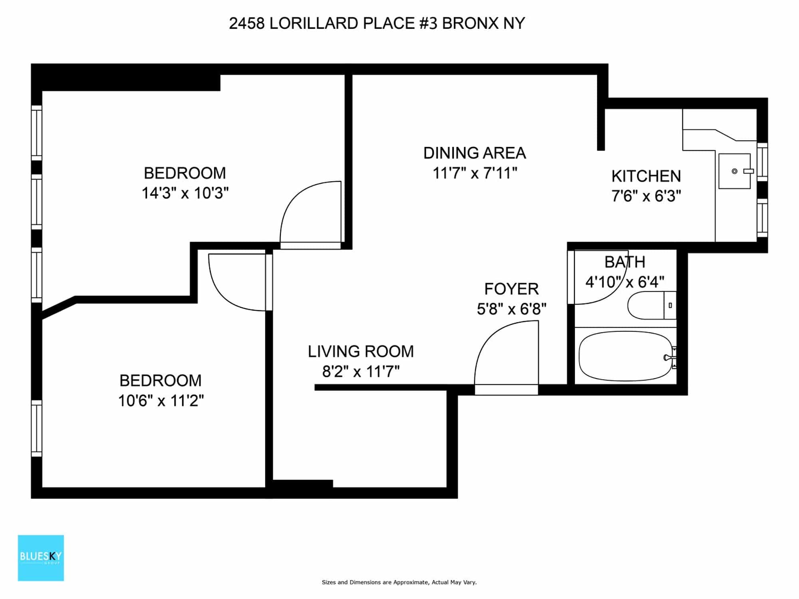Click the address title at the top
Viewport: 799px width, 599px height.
click(377, 24)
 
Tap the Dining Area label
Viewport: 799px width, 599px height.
click(475, 153)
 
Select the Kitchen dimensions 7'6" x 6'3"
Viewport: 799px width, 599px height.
click(646, 196)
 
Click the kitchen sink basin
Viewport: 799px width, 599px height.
click(734, 171)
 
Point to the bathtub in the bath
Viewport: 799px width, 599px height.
click(626, 356)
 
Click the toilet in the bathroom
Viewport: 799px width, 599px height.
click(652, 305)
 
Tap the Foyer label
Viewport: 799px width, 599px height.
click(511, 289)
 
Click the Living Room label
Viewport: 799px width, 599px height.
click(361, 351)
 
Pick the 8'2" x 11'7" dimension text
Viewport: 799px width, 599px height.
click(361, 372)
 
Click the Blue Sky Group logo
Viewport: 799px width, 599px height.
click(41, 558)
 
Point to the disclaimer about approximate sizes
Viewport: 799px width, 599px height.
click(399, 582)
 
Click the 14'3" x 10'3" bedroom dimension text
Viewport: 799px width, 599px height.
click(185, 193)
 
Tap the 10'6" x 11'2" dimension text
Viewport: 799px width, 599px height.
click(161, 401)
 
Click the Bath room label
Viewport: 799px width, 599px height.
click(625, 262)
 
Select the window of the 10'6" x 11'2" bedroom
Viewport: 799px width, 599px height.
click(36, 428)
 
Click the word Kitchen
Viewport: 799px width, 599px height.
click(646, 176)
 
